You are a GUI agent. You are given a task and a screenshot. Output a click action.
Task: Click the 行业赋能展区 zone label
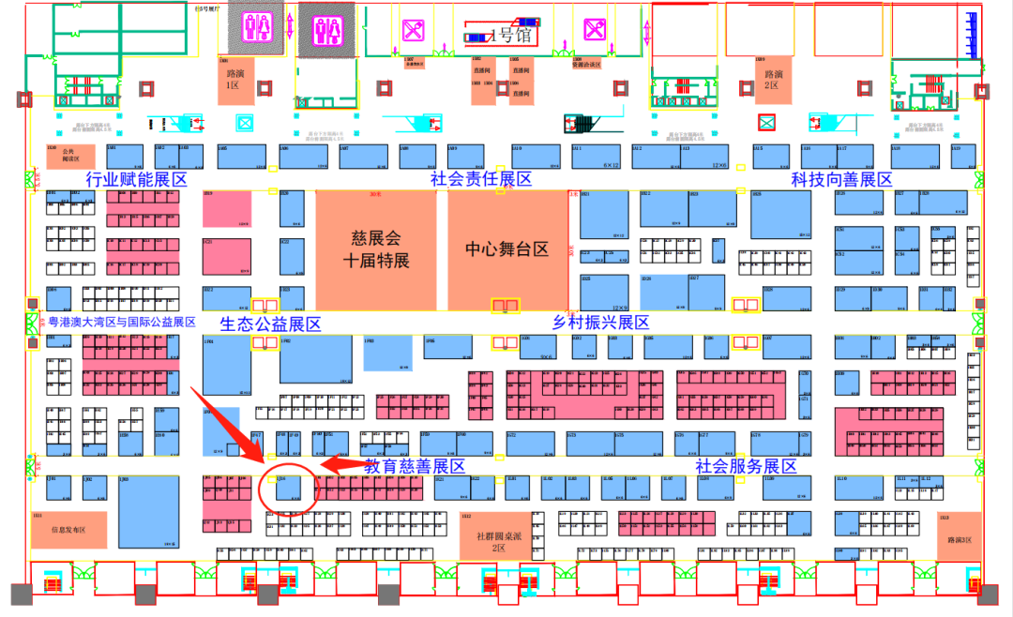tap(136, 179)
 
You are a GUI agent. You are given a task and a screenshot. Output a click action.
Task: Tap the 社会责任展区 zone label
tap(481, 179)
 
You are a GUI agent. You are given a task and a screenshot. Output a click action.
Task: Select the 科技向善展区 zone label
tap(840, 179)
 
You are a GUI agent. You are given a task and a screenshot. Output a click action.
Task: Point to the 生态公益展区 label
tap(270, 324)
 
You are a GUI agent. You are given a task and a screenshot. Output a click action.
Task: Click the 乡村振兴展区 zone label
tap(600, 323)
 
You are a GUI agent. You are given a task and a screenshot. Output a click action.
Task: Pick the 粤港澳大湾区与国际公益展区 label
tap(122, 323)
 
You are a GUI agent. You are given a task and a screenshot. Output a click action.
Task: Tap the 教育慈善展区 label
tap(415, 466)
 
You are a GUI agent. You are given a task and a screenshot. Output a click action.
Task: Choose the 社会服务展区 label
tap(746, 466)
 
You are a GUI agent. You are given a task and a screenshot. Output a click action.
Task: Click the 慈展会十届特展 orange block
tap(375, 249)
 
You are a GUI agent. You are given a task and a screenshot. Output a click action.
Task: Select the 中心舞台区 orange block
tap(506, 249)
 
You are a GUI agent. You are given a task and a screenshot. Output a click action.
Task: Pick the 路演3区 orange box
tap(958, 534)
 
